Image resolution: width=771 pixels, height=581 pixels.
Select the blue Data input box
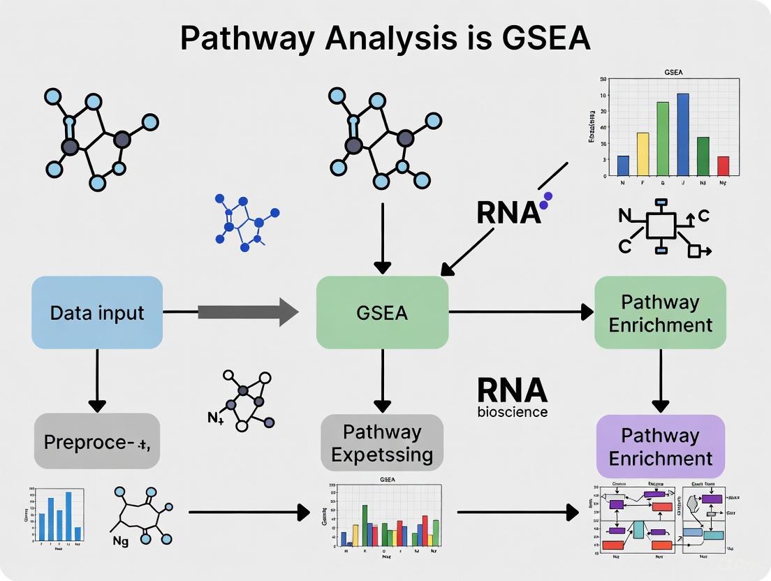click(97, 312)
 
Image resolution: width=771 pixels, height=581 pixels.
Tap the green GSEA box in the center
click(382, 312)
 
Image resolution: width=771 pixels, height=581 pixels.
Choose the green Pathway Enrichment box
click(660, 313)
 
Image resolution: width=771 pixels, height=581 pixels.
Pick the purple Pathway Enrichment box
click(660, 447)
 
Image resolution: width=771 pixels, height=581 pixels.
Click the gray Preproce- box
click(97, 441)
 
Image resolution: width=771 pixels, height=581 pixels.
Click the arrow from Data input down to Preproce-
click(97, 381)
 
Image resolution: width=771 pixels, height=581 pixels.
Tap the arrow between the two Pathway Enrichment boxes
click(660, 381)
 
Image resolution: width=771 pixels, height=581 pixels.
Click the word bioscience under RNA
click(512, 412)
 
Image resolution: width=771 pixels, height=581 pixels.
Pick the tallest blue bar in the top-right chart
click(683, 134)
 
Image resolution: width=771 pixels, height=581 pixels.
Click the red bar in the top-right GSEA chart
click(723, 166)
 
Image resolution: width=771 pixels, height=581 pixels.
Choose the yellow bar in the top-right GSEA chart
click(643, 154)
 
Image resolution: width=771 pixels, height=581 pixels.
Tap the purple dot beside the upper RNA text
click(547, 198)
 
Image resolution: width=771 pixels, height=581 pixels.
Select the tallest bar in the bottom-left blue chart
click(68, 517)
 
